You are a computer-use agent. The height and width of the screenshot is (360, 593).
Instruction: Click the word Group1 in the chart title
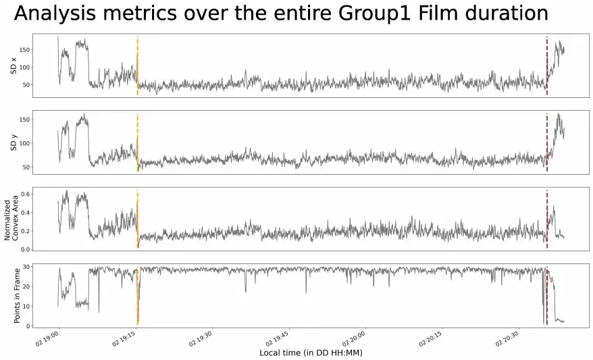(352, 14)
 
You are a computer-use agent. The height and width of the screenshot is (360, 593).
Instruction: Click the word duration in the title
(510, 14)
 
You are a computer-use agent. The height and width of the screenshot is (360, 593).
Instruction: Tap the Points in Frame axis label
(17, 294)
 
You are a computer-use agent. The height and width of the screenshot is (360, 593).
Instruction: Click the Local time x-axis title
(311, 353)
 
